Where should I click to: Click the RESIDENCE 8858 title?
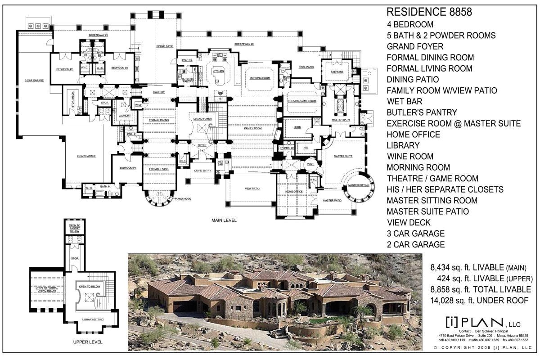pyautogui.click(x=429, y=12)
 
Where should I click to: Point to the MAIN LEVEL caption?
pyautogui.click(x=224, y=220)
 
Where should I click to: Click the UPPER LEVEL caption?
pyautogui.click(x=88, y=342)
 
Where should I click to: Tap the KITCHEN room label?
pyautogui.click(x=218, y=71)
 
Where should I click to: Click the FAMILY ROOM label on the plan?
pyautogui.click(x=253, y=129)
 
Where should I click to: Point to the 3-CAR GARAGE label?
pyautogui.click(x=34, y=81)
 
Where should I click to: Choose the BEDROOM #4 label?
pyautogui.click(x=128, y=168)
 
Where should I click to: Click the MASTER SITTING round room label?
pyautogui.click(x=359, y=185)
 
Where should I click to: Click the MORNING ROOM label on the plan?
pyautogui.click(x=260, y=78)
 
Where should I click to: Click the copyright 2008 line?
pyautogui.click(x=482, y=348)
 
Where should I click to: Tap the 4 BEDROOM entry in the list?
pyautogui.click(x=410, y=24)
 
